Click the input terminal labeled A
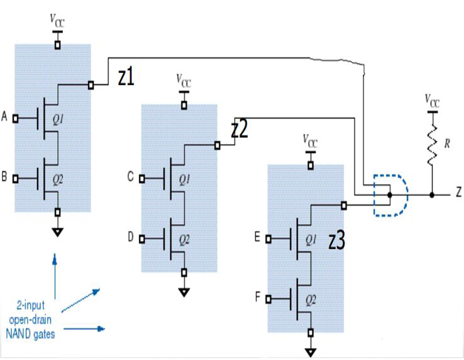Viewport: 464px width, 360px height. (16, 118)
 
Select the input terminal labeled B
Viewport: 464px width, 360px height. (16, 179)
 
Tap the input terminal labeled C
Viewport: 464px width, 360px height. (142, 178)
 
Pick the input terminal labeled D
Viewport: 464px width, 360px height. (142, 239)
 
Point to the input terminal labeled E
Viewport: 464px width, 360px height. (268, 239)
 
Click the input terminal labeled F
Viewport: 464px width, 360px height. (268, 300)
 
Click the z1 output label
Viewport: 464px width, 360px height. (126, 77)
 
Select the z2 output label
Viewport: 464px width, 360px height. (240, 129)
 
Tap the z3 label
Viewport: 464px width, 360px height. (337, 242)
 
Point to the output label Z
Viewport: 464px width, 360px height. (459, 194)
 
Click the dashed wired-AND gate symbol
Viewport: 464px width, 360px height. (390, 195)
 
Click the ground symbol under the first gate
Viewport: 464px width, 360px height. (57, 231)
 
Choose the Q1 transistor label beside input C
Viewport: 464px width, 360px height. (185, 179)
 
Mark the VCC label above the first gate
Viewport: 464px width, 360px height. (57, 20)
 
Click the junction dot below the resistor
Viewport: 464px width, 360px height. (432, 195)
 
